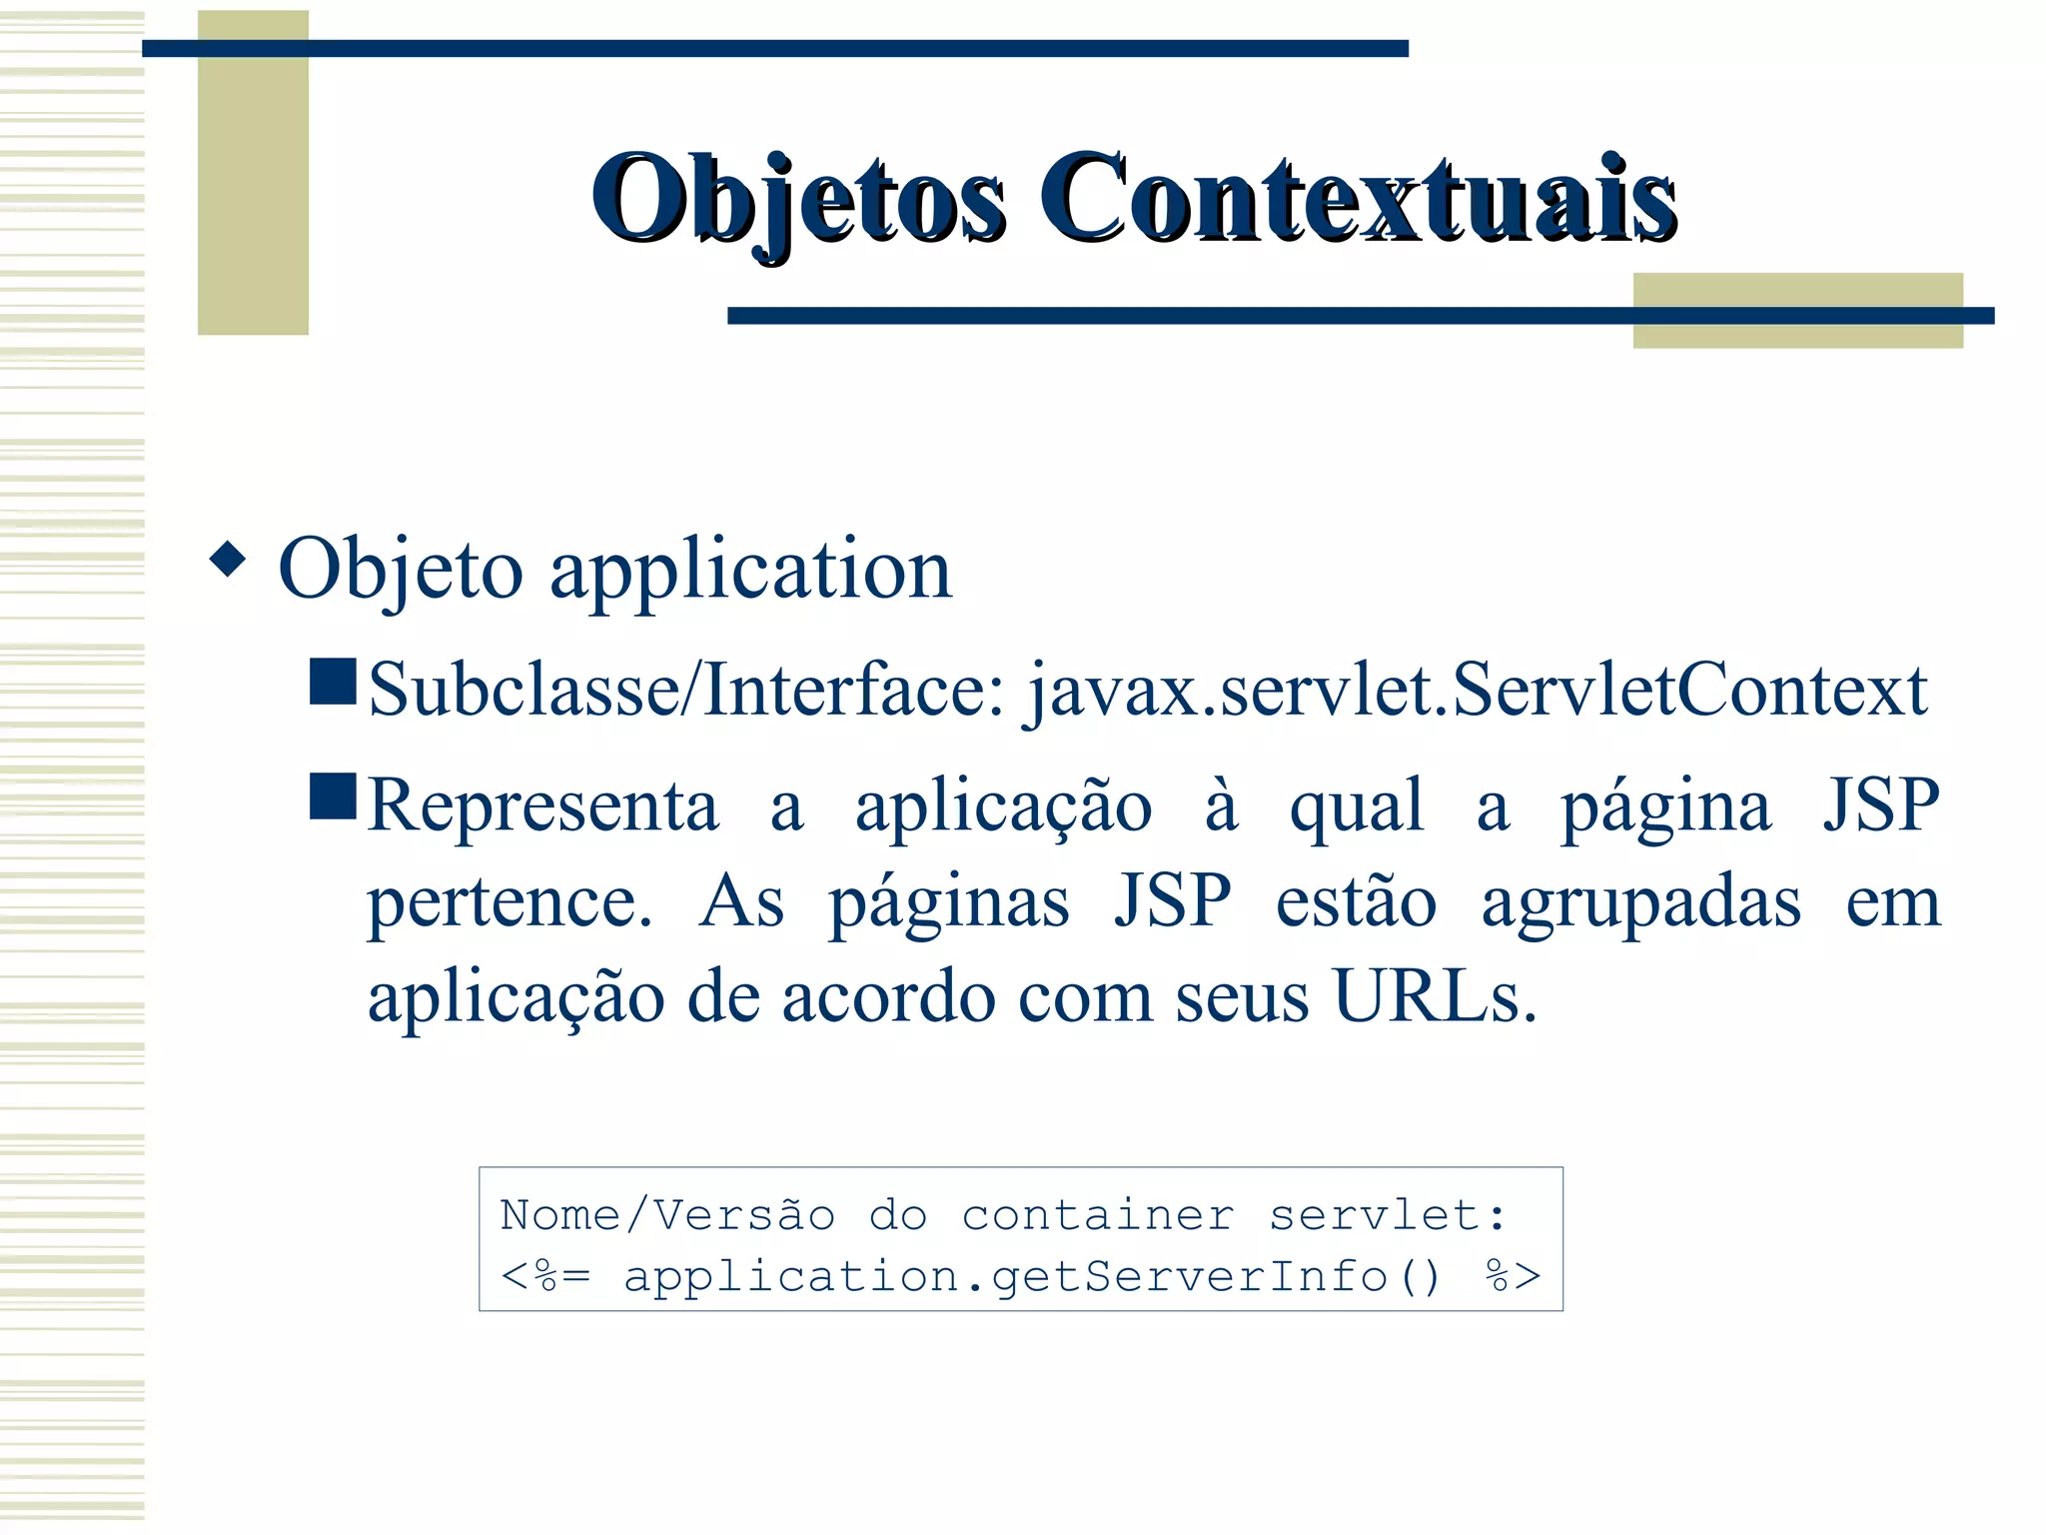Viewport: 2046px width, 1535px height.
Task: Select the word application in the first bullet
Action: coord(751,570)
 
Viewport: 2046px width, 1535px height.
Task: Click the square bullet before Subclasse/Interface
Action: coord(333,682)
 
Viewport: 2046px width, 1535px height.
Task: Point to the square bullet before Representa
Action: coord(333,795)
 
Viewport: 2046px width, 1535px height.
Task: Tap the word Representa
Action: coord(543,805)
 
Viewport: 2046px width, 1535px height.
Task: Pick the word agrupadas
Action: coord(1640,901)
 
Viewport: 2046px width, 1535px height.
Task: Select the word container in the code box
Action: coord(1097,1215)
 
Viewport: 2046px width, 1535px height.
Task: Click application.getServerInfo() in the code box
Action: coord(1033,1277)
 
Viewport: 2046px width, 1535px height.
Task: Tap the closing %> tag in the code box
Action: coord(1513,1277)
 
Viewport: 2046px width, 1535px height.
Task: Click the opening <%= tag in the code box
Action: coord(545,1277)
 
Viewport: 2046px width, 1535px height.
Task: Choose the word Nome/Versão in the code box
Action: coord(667,1215)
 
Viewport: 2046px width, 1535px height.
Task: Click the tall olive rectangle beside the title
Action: coord(253,172)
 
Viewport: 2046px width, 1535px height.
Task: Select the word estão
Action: coord(1356,901)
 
